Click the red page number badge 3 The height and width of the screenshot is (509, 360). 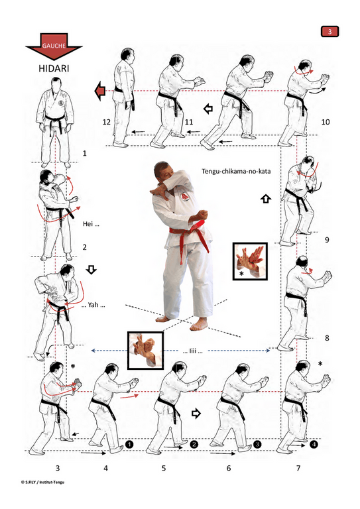click(330, 32)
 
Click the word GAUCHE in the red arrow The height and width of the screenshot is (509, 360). click(54, 46)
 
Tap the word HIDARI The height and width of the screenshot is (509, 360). click(54, 68)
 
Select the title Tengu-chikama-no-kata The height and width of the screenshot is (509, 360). click(236, 171)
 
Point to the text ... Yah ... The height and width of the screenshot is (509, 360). click(93, 305)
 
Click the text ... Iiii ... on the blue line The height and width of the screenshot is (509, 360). click(192, 351)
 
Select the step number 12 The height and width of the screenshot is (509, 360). click(107, 122)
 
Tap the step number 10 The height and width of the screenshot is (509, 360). click(326, 122)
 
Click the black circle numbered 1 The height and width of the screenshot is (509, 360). click(129, 444)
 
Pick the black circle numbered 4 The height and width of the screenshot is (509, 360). click(314, 444)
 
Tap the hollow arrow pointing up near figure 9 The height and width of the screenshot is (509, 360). click(266, 198)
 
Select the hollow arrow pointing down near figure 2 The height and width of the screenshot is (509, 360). click(91, 270)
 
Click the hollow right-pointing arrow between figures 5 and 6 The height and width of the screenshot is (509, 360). click(196, 414)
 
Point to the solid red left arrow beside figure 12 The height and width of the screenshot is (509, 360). click(100, 91)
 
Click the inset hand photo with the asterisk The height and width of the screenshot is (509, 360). click(250, 261)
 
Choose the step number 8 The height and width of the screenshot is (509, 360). click(327, 338)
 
